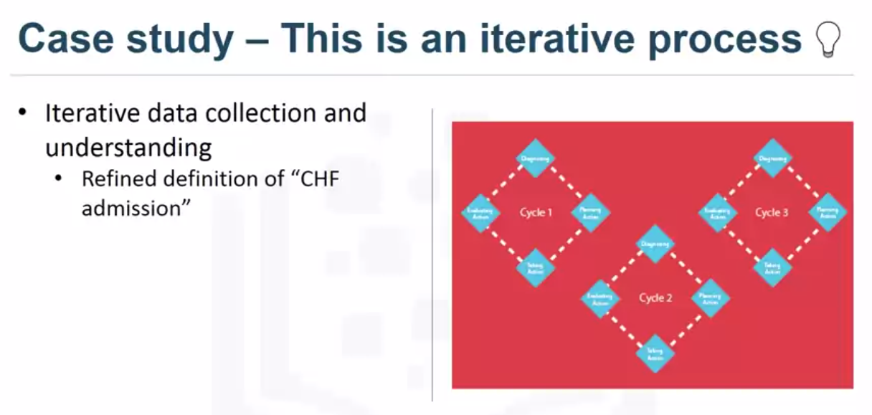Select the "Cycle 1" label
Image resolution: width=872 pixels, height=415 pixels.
536,213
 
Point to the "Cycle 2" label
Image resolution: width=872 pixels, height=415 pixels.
655,298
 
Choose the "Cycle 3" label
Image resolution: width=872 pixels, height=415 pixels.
772,213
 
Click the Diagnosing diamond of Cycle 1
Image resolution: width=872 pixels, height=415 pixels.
536,158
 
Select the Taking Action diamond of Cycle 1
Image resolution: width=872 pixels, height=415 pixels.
536,267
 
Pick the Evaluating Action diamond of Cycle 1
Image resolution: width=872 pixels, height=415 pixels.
480,213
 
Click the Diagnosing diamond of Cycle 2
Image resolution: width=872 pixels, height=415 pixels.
655,244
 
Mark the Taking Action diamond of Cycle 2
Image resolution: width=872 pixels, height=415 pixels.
655,352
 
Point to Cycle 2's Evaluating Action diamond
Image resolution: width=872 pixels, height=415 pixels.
601,298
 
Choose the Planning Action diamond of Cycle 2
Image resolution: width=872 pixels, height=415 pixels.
710,298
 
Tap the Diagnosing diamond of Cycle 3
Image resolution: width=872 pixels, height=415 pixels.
772,158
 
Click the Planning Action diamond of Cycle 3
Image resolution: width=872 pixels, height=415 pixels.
827,212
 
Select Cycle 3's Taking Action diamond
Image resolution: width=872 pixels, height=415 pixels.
772,267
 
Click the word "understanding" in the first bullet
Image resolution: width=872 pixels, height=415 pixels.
128,148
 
